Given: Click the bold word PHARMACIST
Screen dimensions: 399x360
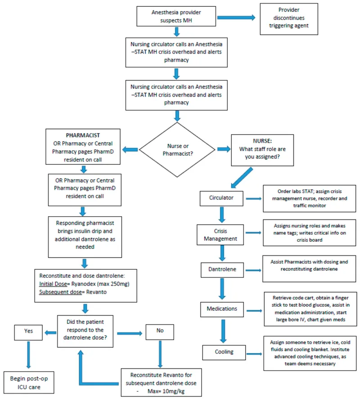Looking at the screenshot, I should (x=83, y=135).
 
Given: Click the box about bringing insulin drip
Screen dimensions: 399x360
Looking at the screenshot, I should (x=83, y=235).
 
